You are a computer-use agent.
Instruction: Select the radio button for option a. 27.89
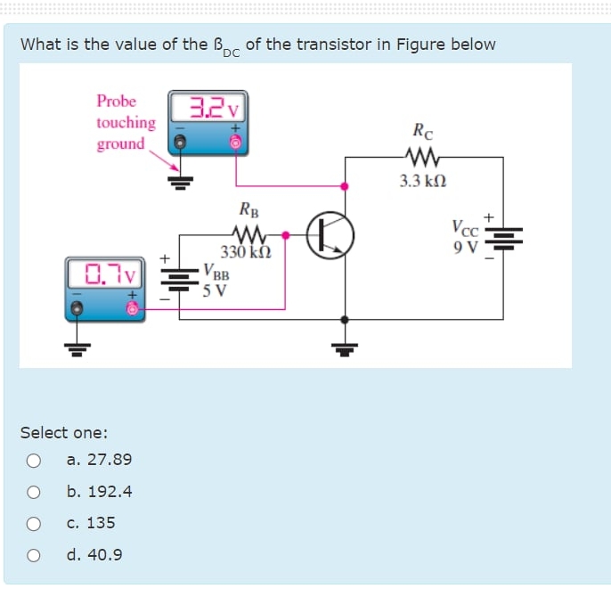pyautogui.click(x=34, y=460)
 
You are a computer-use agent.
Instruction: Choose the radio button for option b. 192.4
pyautogui.click(x=34, y=492)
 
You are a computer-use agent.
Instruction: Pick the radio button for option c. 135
pyautogui.click(x=34, y=523)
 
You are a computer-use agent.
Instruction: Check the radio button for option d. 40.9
pyautogui.click(x=34, y=555)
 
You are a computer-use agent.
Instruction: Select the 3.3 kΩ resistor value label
pyautogui.click(x=423, y=181)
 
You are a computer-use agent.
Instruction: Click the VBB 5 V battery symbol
pyautogui.click(x=180, y=278)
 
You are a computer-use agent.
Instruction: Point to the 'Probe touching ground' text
pyautogui.click(x=126, y=122)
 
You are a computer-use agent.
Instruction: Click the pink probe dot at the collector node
pyautogui.click(x=346, y=186)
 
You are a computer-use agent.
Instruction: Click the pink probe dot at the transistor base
pyautogui.click(x=285, y=236)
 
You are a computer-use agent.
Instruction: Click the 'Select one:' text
pyautogui.click(x=64, y=433)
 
